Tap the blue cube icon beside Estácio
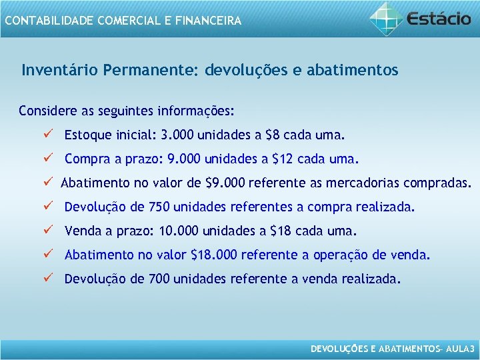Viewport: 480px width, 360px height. [x=387, y=18]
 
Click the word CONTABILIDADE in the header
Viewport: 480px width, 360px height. [x=49, y=21]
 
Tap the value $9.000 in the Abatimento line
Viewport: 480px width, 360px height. [x=225, y=183]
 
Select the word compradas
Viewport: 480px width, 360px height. [x=439, y=183]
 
